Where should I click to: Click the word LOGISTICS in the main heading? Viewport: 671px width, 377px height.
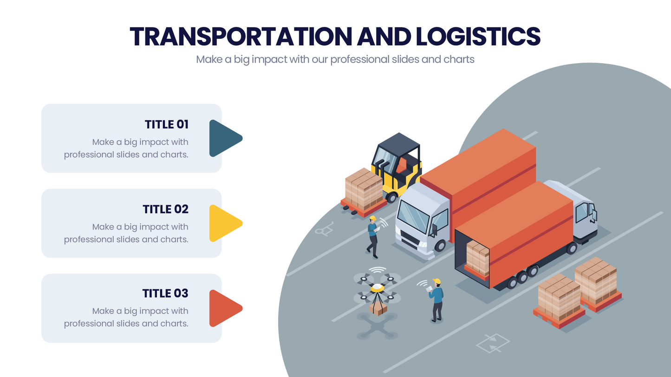[478, 37]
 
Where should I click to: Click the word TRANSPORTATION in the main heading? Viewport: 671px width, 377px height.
[241, 37]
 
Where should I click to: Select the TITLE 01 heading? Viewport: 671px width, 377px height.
[167, 124]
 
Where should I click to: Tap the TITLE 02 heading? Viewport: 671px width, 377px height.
[166, 209]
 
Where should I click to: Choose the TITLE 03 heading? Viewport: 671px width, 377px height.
[165, 293]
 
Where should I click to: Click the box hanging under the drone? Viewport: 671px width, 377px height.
[378, 309]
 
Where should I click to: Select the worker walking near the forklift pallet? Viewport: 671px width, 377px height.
[372, 237]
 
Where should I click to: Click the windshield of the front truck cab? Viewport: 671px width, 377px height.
[413, 217]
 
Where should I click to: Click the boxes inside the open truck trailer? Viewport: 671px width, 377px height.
[477, 258]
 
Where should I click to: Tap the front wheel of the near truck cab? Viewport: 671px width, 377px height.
[440, 246]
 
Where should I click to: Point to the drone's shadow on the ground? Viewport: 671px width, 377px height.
[377, 326]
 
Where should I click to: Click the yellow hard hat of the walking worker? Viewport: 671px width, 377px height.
[372, 218]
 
